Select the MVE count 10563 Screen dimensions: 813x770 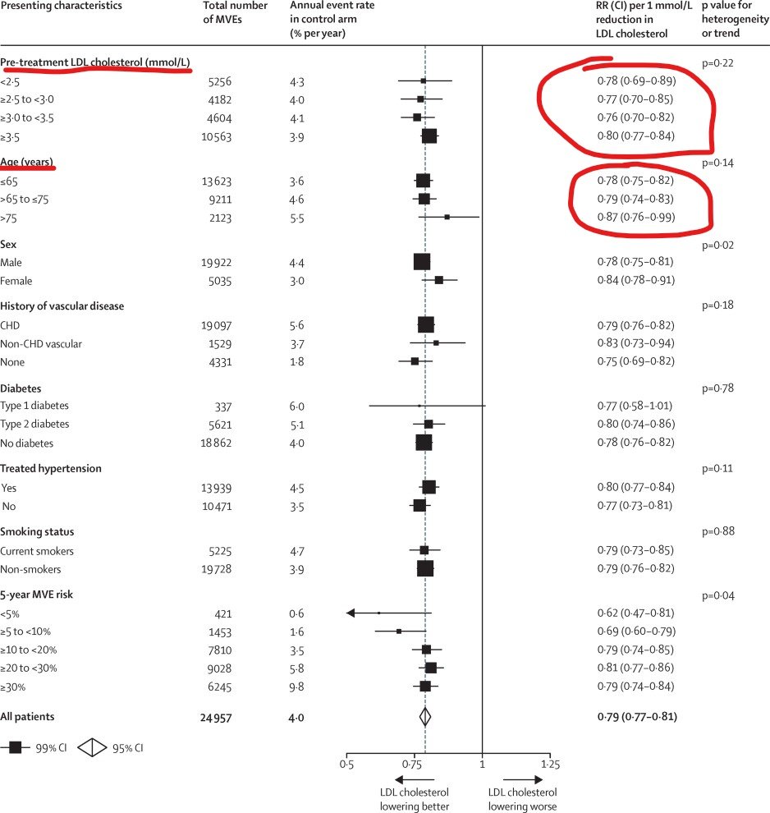(218, 137)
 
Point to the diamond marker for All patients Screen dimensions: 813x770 (425, 717)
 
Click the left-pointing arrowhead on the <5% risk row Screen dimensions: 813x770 (351, 613)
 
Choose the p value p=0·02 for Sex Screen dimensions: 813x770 (717, 245)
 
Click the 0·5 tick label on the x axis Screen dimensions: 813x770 (347, 765)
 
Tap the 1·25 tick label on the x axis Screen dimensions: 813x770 (550, 765)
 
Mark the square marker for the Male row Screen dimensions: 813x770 (422, 262)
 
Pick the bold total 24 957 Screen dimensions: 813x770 (217, 717)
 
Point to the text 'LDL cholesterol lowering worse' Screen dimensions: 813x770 (522, 799)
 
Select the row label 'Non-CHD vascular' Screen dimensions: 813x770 (41, 343)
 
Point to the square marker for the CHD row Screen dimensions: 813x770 (426, 324)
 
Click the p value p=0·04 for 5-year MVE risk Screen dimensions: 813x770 (717, 594)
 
